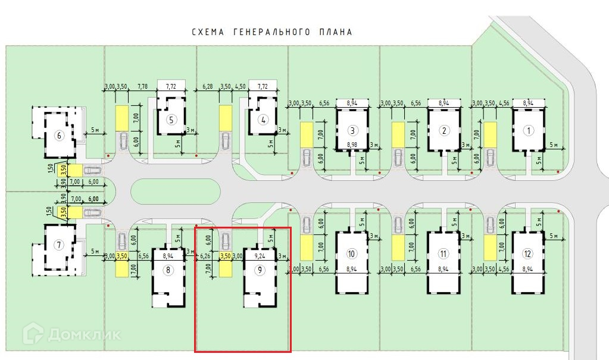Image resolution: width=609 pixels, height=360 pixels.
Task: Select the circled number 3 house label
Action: click(352, 131)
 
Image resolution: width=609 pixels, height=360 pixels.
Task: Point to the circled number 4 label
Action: click(263, 119)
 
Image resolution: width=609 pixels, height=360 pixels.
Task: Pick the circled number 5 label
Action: click(171, 119)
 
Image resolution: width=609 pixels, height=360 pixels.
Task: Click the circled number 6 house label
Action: click(58, 135)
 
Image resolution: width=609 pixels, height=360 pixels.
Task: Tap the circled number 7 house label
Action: click(58, 245)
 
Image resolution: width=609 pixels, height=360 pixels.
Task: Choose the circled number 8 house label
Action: click(168, 270)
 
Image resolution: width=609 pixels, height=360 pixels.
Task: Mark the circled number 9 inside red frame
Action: click(260, 270)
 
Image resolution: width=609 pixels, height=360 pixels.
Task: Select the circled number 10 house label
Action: click(351, 254)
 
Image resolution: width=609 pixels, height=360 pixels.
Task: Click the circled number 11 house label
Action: click(443, 254)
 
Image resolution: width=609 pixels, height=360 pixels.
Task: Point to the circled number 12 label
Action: click(527, 254)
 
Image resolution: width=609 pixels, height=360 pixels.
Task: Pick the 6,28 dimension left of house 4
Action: click(208, 87)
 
